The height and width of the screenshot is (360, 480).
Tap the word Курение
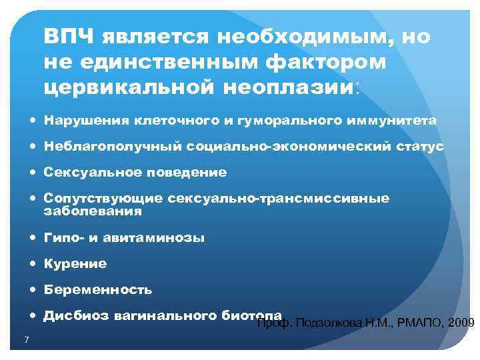coord(75,264)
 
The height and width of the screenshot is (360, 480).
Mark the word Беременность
coord(97,290)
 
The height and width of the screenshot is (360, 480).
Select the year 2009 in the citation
coord(462,324)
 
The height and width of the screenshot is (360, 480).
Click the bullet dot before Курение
coord(34,264)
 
